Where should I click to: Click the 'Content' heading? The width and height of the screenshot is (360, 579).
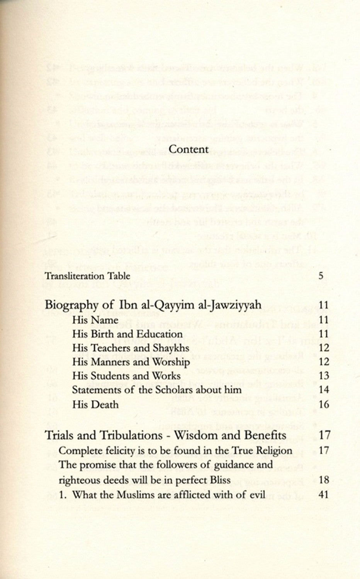coord(189,149)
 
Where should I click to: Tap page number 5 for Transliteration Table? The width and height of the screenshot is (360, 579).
coord(321,276)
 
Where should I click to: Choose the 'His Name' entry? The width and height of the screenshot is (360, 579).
coord(95,320)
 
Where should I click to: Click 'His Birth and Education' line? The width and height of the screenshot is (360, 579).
coord(127,334)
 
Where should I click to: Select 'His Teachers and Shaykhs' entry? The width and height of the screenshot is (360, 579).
coord(131,348)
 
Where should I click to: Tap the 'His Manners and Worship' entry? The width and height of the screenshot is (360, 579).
coord(131,362)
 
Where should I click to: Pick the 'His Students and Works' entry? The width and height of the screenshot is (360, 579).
coord(126,376)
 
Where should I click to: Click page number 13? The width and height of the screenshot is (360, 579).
coord(324,376)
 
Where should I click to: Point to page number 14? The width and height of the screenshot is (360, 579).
coord(324,390)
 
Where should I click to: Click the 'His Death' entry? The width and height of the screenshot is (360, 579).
coord(95,405)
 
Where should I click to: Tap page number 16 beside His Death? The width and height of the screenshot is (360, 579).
coord(324,405)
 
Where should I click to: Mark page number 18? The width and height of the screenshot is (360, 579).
coord(324,480)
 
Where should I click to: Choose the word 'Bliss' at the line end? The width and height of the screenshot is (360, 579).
coord(220,480)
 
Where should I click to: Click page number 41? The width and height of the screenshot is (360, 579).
coord(324,494)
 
